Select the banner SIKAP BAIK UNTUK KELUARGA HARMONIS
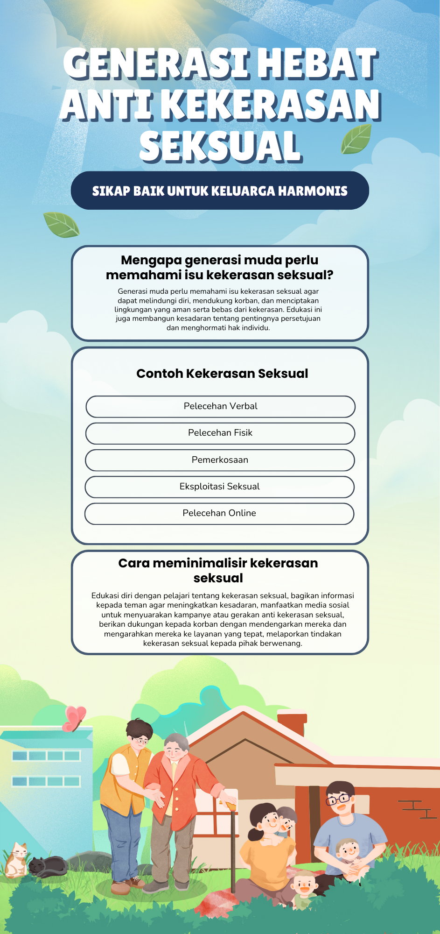pos(220,191)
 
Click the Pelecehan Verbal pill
pos(220,406)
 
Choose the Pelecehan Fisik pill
pos(220,433)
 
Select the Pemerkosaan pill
pos(220,460)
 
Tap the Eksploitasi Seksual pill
pos(219,487)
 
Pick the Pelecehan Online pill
pos(219,513)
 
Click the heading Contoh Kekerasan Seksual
pos(222,374)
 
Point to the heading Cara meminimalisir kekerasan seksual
pos(218,570)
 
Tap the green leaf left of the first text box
pos(61,224)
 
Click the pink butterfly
pos(74,718)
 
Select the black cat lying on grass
pos(48,866)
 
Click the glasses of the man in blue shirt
pos(338,799)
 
